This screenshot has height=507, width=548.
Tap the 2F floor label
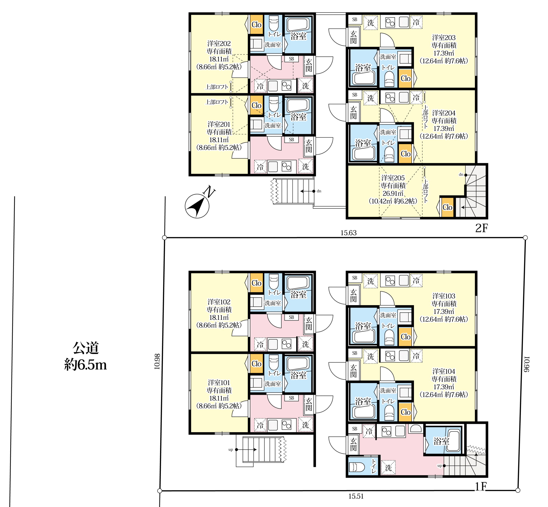pos(482,228)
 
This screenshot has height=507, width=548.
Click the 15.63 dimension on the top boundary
pos(348,233)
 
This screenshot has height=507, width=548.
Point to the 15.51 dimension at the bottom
pos(356,496)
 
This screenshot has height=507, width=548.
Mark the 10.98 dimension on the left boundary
pos(157,361)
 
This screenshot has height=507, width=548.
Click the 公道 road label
pos(86,348)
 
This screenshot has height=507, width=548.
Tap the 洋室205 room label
pos(393,178)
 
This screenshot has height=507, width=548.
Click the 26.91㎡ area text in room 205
pos(393,193)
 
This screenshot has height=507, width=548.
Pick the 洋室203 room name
pos(444,38)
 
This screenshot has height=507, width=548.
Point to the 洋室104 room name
pos(444,371)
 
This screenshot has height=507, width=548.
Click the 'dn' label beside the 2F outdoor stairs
pos(319,191)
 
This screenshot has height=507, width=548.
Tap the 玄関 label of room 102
pos(309,324)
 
